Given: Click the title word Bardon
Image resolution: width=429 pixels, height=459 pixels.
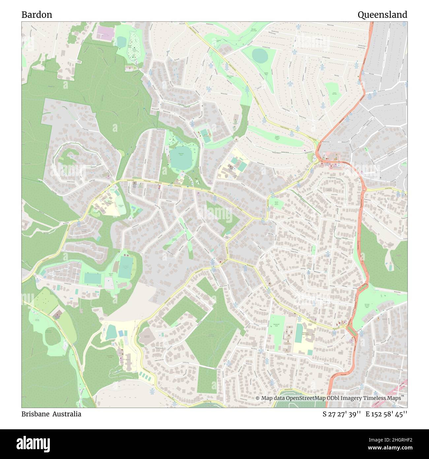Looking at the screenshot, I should tap(37, 15).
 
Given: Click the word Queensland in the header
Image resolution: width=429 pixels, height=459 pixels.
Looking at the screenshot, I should tap(382, 15).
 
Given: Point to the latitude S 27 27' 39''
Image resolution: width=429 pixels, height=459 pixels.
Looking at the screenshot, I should tap(342, 414).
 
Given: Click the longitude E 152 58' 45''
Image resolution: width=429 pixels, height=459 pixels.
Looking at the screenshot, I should tap(386, 414).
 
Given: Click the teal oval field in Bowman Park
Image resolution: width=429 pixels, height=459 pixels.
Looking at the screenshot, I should tap(181, 158).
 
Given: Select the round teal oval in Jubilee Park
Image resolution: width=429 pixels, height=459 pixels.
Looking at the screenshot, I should tap(260, 55).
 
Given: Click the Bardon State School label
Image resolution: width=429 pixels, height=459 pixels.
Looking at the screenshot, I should tap(110, 202).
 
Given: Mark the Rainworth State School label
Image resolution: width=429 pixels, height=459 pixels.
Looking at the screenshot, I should tap(308, 334).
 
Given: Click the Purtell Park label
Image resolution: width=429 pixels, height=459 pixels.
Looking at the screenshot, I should tap(111, 274).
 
